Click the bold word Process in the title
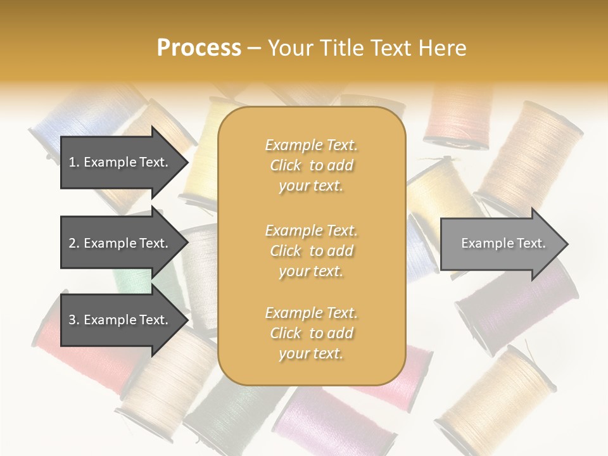pos(199,48)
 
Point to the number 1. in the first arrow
pos(73,162)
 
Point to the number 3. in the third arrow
pos(73,320)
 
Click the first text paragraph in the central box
pos(311,165)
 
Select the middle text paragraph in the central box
pos(311,251)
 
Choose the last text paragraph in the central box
pos(311,333)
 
